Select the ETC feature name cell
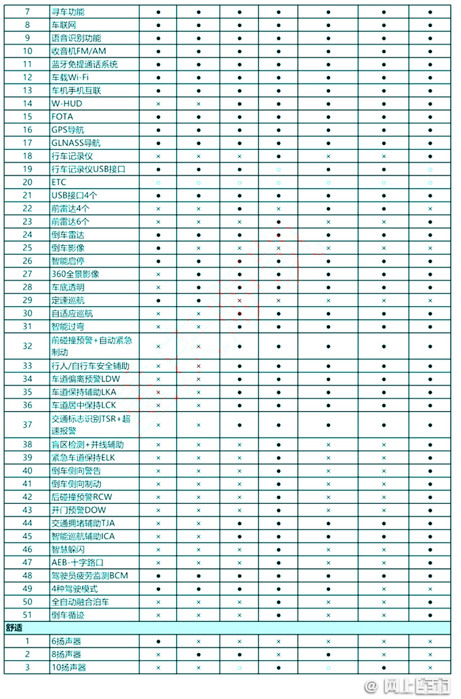[58, 182]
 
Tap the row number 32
[27, 345]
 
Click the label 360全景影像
[75, 274]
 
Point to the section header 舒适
[14, 628]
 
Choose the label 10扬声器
[68, 667]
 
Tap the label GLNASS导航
[75, 143]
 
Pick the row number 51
[27, 615]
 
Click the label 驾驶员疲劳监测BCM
[89, 576]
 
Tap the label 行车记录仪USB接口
[88, 169]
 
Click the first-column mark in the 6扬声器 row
[158, 641]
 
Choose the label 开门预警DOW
[78, 510]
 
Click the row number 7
[27, 12]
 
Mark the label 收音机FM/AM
[79, 51]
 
